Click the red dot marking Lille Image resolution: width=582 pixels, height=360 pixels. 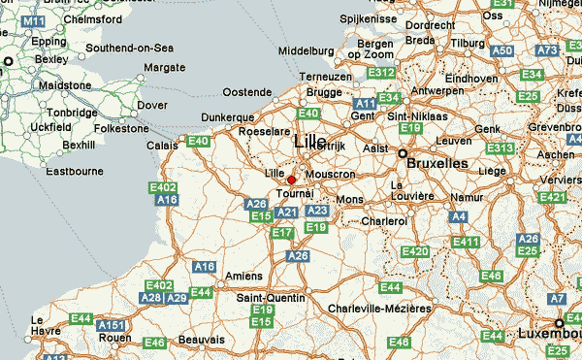[291, 180]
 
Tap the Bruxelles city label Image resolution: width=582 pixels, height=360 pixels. [438, 164]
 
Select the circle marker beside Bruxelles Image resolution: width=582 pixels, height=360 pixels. [402, 153]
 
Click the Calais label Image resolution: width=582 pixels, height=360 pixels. [162, 146]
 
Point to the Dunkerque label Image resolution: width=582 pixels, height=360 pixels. [225, 116]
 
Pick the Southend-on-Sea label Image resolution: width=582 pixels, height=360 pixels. [129, 48]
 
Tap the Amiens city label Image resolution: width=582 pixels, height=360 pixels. [242, 276]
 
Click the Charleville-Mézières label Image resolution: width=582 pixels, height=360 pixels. [379, 309]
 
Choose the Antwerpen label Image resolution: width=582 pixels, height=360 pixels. [437, 90]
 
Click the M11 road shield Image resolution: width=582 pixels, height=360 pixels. [33, 20]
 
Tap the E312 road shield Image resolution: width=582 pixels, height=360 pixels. [381, 73]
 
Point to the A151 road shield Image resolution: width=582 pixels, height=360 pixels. [112, 325]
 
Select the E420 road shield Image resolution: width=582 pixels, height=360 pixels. [414, 252]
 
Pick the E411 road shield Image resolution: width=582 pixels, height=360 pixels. [467, 242]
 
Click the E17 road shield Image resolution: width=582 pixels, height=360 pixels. [282, 233]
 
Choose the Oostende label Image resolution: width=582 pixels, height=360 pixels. [247, 92]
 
